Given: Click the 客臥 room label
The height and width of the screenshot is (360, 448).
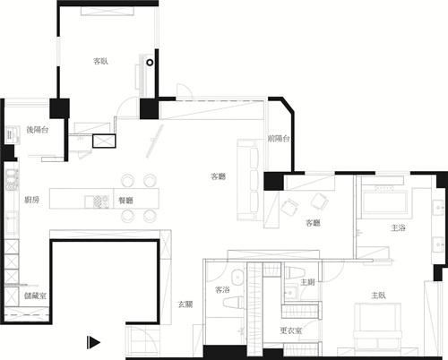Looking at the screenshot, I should (101, 62).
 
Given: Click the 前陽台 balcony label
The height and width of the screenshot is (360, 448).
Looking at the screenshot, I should (278, 139).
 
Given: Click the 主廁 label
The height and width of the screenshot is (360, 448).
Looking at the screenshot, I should (307, 282).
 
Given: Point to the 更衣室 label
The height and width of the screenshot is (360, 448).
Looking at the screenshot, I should (289, 330).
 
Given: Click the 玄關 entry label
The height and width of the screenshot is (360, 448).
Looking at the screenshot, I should (185, 305).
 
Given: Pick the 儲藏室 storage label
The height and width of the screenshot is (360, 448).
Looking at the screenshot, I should (36, 295).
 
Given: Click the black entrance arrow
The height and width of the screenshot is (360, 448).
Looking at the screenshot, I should (92, 341).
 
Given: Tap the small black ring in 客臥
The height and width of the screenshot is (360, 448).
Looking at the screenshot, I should (151, 64).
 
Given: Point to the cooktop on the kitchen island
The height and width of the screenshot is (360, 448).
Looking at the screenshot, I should (92, 199).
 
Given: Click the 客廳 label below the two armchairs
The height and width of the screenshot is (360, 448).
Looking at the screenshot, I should (313, 222).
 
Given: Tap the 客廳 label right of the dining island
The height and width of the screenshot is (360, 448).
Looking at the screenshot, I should (218, 176).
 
